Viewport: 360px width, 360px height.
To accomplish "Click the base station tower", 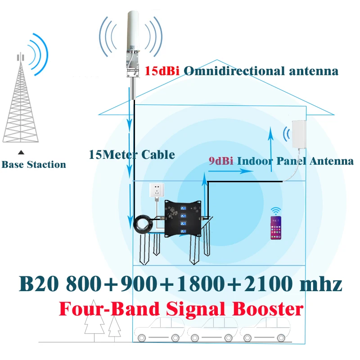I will pyautogui.click(x=20, y=101).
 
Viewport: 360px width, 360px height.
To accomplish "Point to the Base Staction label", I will pyautogui.click(x=34, y=165).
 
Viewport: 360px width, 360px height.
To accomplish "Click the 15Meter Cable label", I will pyautogui.click(x=132, y=155).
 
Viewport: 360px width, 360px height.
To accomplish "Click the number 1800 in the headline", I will pyautogui.click(x=200, y=284).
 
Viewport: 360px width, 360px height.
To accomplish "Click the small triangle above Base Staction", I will pyautogui.click(x=20, y=153).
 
